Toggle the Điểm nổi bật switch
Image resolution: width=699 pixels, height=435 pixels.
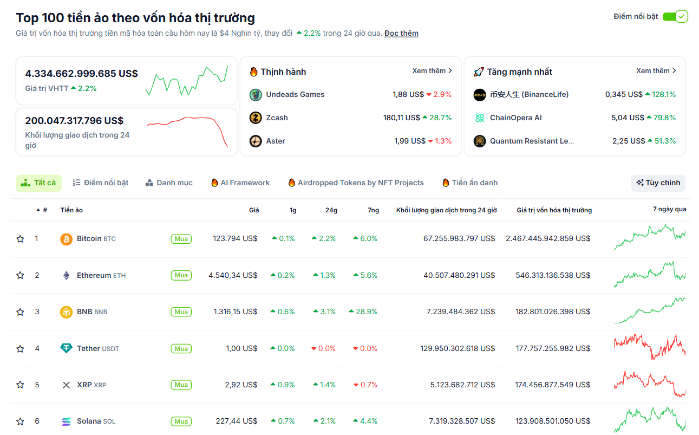point(675,16)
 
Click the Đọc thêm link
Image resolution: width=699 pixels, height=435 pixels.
point(401,34)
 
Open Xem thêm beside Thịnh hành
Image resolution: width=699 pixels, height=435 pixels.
point(432,71)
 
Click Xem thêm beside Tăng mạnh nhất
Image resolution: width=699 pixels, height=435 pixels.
point(656,71)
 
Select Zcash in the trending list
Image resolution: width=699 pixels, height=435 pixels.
point(277,118)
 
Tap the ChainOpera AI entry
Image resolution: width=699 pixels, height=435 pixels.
point(515,118)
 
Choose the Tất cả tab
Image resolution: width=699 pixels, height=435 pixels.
point(38,183)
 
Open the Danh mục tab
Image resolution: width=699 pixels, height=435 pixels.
point(169,183)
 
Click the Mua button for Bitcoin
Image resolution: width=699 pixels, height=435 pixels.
point(181,239)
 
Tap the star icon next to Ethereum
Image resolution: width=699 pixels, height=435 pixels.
point(20,275)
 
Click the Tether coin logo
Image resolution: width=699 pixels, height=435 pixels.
point(66,349)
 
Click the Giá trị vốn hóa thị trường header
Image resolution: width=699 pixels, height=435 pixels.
point(554,210)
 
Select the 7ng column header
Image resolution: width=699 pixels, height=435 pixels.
point(373,210)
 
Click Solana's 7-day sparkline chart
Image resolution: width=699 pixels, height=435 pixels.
point(649,420)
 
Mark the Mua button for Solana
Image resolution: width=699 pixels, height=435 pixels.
point(181,421)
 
